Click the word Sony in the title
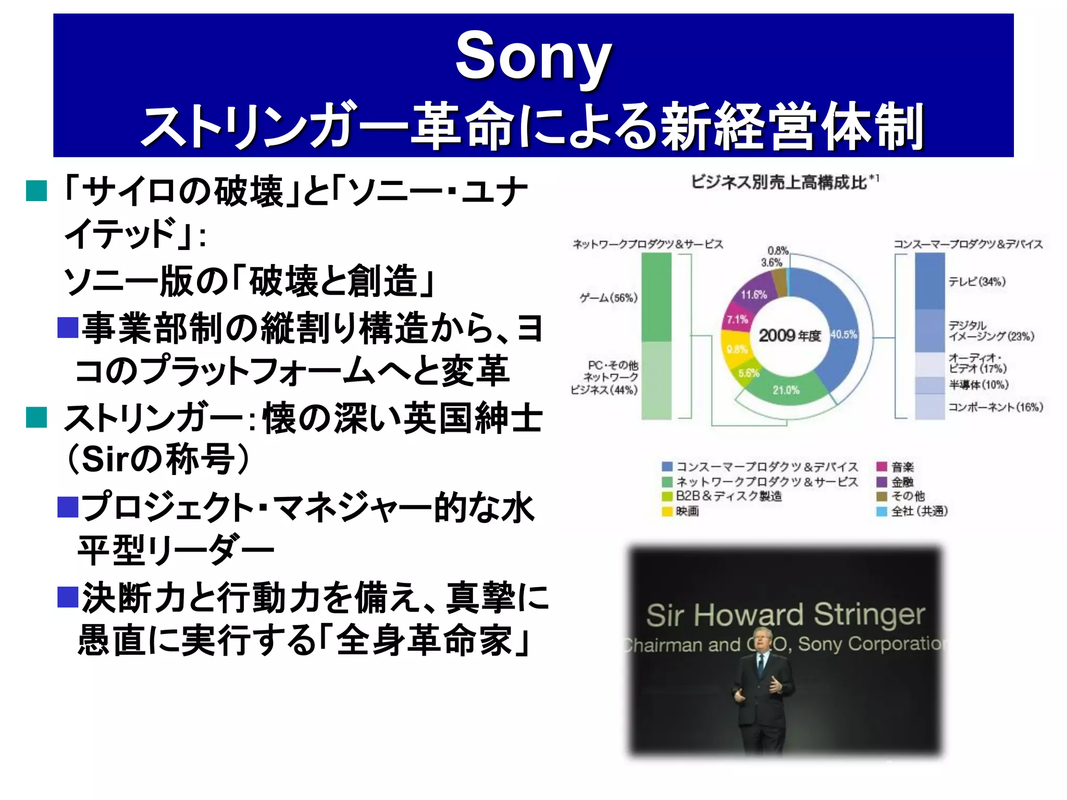point(533,56)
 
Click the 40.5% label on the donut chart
point(843,334)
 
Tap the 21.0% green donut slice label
point(786,390)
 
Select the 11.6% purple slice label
point(754,295)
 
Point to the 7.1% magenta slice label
point(737,319)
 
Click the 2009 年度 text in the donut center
point(789,335)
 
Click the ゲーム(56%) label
point(609,298)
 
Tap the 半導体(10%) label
point(978,385)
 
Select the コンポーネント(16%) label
point(995,407)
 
